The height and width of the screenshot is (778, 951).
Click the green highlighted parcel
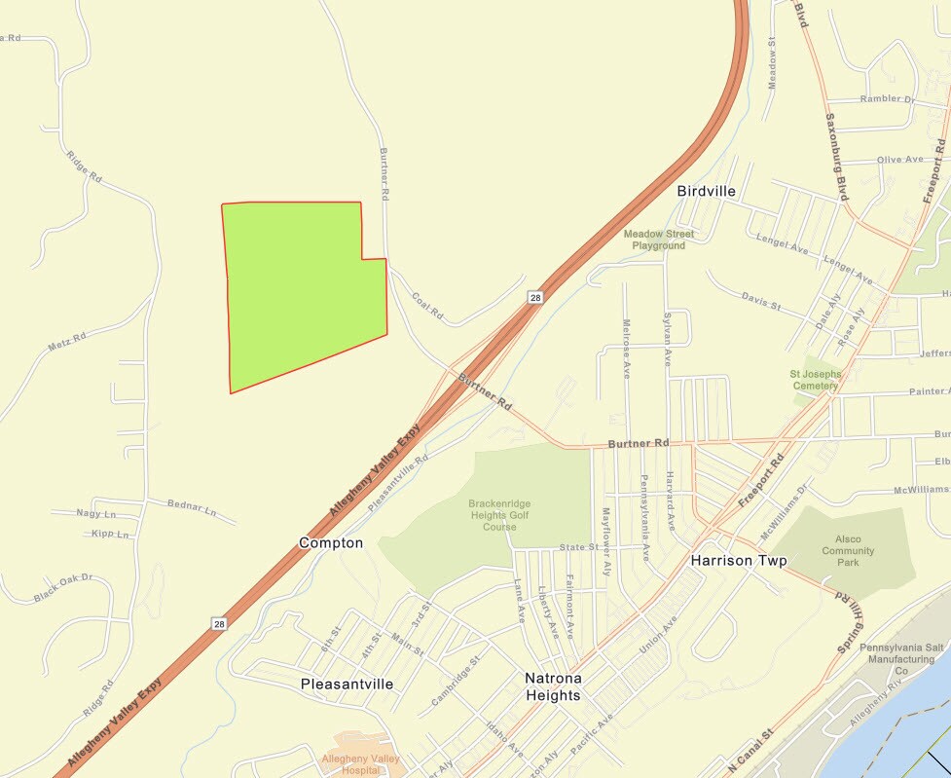302,287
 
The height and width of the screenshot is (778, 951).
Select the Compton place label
331,542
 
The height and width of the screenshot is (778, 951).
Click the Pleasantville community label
347,684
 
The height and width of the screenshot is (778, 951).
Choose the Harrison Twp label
738,562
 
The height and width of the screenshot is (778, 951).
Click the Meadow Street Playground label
659,240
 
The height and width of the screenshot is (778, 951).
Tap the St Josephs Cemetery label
815,380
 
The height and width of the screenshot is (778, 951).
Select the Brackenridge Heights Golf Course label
499,515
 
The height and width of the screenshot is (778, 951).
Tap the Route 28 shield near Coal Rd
534,297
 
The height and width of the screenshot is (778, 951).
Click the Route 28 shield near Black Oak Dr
220,623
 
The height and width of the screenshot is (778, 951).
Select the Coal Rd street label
427,307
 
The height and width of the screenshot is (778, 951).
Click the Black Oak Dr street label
62,588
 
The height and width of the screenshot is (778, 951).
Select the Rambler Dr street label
887,99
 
